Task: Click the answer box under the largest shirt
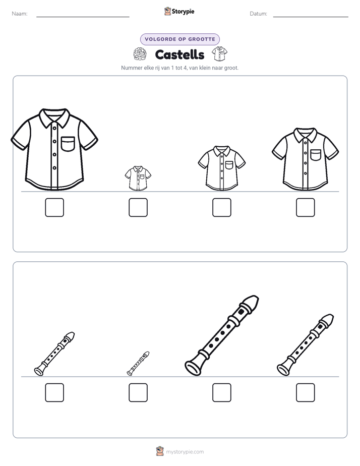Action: (x=54, y=207)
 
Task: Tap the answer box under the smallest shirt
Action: (x=138, y=207)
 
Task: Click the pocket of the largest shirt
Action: (x=68, y=144)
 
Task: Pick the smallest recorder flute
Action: (x=138, y=364)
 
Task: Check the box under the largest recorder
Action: (x=222, y=392)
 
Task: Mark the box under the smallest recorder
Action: (x=138, y=392)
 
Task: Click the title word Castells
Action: (x=179, y=54)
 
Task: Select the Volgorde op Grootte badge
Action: (x=180, y=39)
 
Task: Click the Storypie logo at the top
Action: (x=179, y=12)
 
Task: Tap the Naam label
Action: (x=20, y=14)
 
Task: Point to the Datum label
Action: (x=259, y=14)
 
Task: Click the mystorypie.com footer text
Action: (x=185, y=452)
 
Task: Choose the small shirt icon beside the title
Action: (x=219, y=53)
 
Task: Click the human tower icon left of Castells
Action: (x=140, y=54)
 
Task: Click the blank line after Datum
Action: (x=311, y=17)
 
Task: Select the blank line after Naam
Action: (x=83, y=17)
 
